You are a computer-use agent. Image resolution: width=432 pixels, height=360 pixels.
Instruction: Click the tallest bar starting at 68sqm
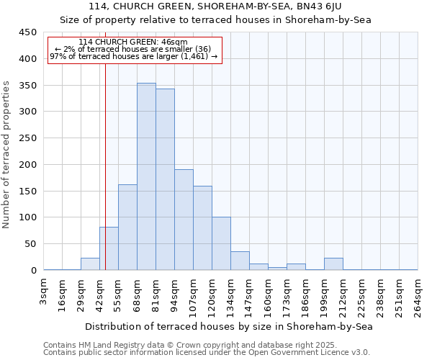(x=146, y=176)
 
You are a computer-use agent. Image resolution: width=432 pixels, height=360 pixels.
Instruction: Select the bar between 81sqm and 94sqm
(x=165, y=179)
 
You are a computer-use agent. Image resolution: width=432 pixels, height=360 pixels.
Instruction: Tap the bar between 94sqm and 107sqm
(x=184, y=220)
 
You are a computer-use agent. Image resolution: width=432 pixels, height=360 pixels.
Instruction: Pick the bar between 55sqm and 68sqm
(x=127, y=227)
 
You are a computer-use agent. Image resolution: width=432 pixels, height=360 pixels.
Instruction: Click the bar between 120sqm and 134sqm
(x=221, y=243)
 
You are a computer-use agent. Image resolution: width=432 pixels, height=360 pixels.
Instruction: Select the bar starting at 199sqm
(x=333, y=264)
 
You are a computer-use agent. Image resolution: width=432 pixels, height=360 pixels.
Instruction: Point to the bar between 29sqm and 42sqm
(x=90, y=264)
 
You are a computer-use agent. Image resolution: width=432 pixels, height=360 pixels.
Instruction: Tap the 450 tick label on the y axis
(x=27, y=32)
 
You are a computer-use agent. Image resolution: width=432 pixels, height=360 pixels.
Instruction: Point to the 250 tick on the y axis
(x=27, y=138)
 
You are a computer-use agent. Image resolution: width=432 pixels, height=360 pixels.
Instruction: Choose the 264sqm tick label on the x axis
(x=418, y=294)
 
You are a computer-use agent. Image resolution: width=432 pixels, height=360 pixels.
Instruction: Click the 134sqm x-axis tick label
(x=231, y=294)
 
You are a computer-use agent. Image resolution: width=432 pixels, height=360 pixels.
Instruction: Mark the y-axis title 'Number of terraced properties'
(x=6, y=154)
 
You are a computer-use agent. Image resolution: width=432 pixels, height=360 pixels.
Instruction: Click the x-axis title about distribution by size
(x=230, y=326)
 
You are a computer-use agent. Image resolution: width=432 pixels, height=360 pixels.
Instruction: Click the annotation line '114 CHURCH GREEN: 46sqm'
(x=133, y=42)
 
